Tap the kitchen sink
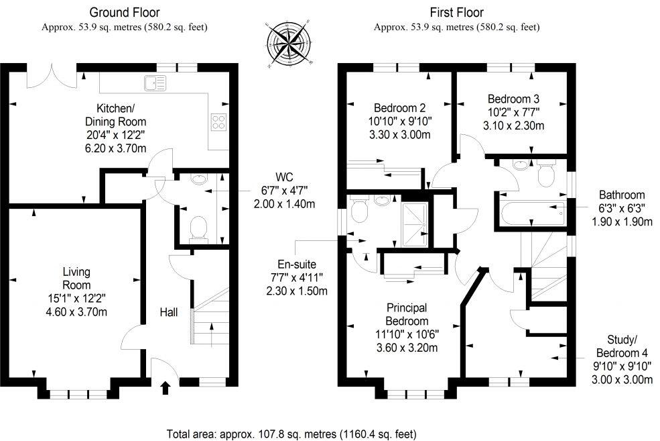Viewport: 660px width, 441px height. point(155,84)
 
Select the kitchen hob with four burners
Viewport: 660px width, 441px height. point(218,121)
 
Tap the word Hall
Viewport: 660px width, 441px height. point(170,312)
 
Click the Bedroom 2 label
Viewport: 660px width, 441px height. point(400,107)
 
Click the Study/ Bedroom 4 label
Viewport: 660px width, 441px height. point(622,354)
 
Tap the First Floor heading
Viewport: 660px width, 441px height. point(456,12)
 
